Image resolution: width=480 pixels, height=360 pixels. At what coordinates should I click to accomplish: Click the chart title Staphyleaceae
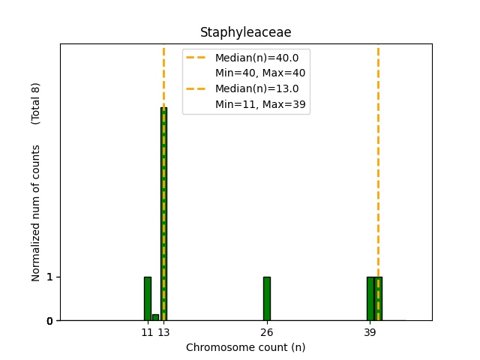tap(245, 32)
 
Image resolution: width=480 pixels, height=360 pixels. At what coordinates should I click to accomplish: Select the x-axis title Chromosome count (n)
tap(245, 347)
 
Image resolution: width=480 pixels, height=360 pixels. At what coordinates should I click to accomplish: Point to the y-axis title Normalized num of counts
tap(36, 213)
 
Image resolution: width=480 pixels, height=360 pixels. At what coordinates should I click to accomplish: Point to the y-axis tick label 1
tap(49, 277)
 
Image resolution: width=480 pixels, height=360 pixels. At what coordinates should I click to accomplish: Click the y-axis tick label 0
tap(49, 321)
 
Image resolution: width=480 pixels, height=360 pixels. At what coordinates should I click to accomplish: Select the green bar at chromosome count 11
tap(148, 298)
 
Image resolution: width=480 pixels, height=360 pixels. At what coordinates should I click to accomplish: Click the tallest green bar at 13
tap(163, 214)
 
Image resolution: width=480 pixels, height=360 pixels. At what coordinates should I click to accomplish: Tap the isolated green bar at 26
tap(266, 298)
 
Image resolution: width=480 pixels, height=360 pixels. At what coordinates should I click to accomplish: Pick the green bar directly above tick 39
tap(370, 298)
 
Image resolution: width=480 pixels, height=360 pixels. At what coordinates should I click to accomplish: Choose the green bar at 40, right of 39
tap(379, 298)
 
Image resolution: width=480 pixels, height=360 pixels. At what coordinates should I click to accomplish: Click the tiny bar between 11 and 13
tap(155, 317)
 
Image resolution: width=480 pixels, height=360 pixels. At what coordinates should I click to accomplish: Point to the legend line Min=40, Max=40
tap(259, 73)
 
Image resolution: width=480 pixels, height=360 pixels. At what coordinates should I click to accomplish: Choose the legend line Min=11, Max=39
tap(259, 104)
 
